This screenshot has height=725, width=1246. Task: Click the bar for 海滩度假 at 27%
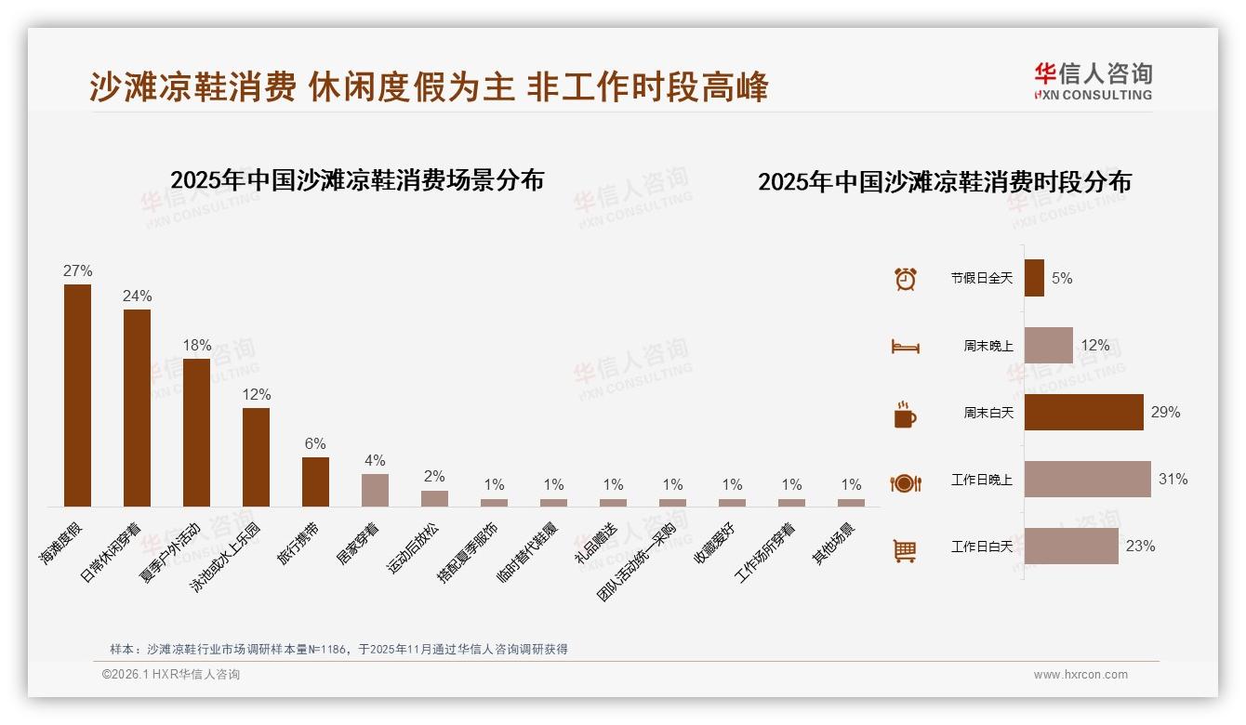pos(77,395)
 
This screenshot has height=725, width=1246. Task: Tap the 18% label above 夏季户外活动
pos(197,346)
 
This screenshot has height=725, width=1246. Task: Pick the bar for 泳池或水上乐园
pos(256,456)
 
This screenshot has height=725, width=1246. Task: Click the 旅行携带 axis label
pos(298,544)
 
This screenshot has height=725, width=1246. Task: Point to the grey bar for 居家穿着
pos(375,490)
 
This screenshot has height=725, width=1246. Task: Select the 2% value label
pos(434,477)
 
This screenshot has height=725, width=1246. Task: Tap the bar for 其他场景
pos(851,503)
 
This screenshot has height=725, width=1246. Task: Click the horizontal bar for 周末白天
pos(1083,413)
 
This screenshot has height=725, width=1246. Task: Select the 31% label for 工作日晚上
pos(1173,480)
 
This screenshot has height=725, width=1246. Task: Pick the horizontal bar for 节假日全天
pos(1034,278)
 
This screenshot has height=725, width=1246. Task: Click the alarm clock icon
pos(905,279)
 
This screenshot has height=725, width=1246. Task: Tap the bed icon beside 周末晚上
pos(905,347)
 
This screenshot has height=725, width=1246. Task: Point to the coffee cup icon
pos(905,415)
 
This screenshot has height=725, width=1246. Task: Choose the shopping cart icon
pos(905,550)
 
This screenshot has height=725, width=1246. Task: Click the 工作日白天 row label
pos(981,547)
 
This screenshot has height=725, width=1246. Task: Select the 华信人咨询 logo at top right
pos(1093,81)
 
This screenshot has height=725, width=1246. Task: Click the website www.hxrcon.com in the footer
pos(1080,675)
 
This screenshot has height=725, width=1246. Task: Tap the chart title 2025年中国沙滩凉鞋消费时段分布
pos(944,182)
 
